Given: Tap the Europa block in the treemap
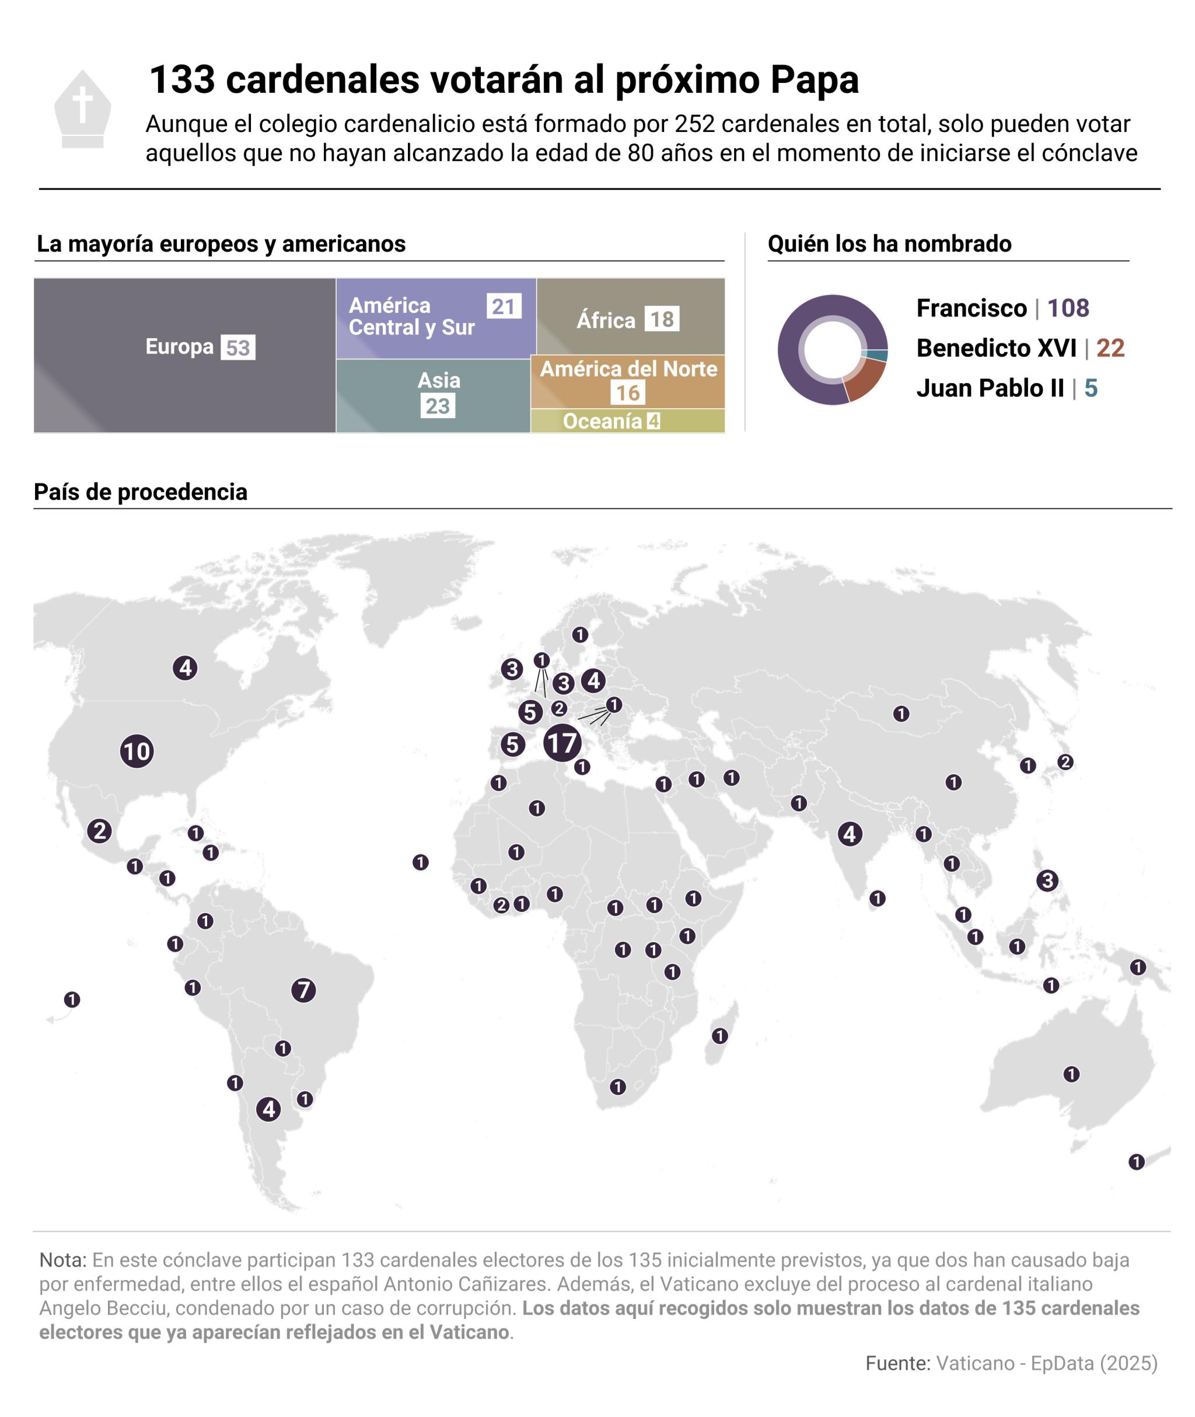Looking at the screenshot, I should pyautogui.click(x=184, y=354).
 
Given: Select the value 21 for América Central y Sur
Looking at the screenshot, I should pyautogui.click(x=504, y=307).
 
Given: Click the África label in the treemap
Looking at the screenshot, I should pyautogui.click(x=606, y=320).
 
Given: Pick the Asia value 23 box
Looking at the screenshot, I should pyautogui.click(x=438, y=406).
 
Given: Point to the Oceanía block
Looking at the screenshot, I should pyautogui.click(x=627, y=421).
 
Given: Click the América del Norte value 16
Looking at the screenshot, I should pyautogui.click(x=627, y=392).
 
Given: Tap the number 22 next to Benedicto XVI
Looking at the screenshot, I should pyautogui.click(x=1110, y=349).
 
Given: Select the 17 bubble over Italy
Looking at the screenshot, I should pyautogui.click(x=561, y=743).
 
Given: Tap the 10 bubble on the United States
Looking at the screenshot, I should pyautogui.click(x=137, y=751).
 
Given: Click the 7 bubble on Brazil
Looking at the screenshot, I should pyautogui.click(x=303, y=990).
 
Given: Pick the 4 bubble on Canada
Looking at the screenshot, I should pyautogui.click(x=185, y=667).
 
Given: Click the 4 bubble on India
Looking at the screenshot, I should pyautogui.click(x=850, y=834).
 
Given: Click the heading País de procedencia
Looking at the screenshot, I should pyautogui.click(x=141, y=492).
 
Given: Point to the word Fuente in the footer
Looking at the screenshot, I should pyautogui.click(x=897, y=1363).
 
